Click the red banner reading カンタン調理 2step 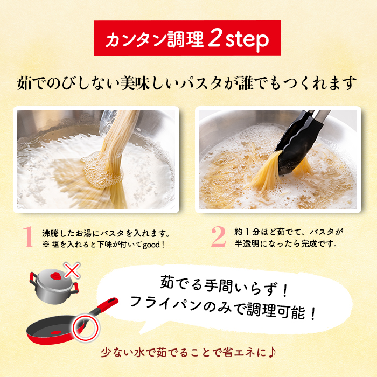pos(188,39)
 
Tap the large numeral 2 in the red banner pos(213,39)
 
